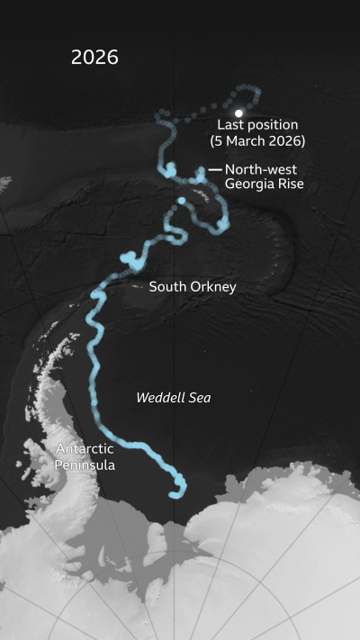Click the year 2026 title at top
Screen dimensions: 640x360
pyautogui.click(x=94, y=58)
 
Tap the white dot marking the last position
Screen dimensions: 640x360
pyautogui.click(x=238, y=113)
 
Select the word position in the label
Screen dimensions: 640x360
pyautogui.click(x=272, y=125)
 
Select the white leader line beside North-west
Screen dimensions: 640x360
pyautogui.click(x=215, y=169)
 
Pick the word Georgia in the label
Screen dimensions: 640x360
pyautogui.click(x=251, y=185)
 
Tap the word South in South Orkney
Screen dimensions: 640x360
pyautogui.click(x=166, y=287)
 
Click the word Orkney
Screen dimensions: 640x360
pyautogui.click(x=211, y=287)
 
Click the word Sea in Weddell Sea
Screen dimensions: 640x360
pyautogui.click(x=198, y=397)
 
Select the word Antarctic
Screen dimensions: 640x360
pyautogui.click(x=85, y=448)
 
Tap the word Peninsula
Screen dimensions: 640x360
pyautogui.click(x=85, y=464)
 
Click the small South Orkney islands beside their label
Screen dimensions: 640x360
pyautogui.click(x=137, y=286)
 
